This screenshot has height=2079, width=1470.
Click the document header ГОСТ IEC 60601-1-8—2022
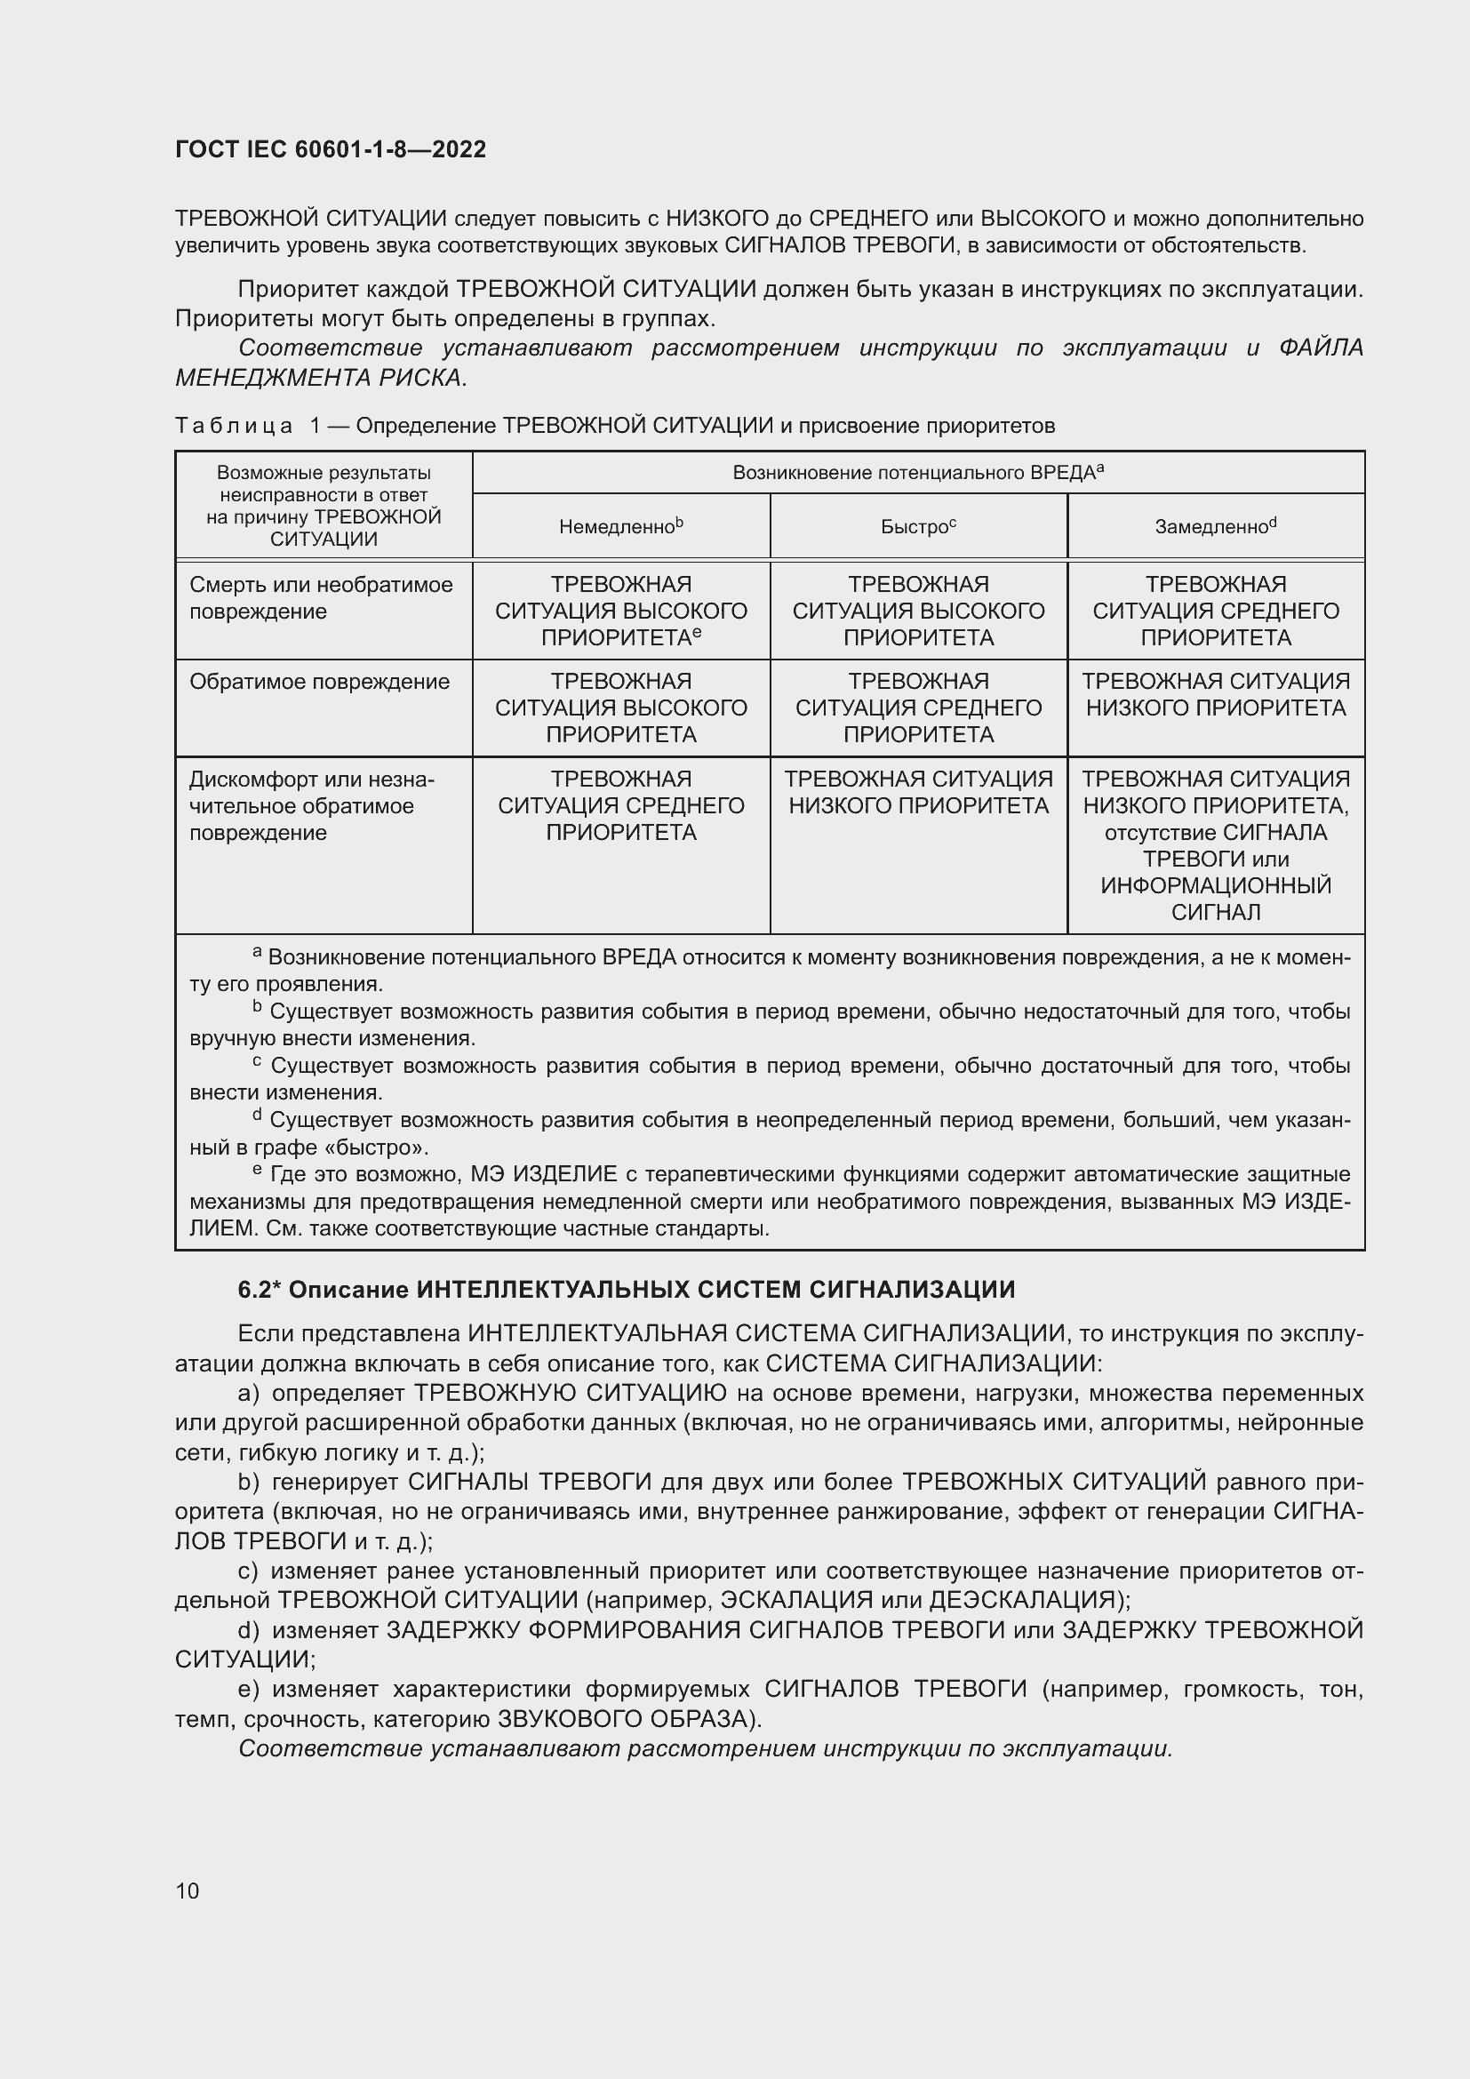[331, 149]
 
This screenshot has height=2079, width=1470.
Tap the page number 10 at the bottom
[188, 1891]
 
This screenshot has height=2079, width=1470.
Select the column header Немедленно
[620, 526]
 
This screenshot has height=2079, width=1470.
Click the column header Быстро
[918, 526]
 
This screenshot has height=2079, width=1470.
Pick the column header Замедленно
[1215, 526]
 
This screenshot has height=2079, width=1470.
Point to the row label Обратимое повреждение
[319, 682]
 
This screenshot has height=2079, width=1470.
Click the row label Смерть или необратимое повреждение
[321, 597]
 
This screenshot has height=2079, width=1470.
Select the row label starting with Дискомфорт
[311, 806]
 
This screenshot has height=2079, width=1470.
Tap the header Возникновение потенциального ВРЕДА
[917, 473]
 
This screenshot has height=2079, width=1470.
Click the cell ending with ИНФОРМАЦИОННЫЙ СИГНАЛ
[1216, 844]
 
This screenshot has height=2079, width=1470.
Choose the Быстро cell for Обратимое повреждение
[918, 708]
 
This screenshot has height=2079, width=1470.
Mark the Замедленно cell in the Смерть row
[1216, 612]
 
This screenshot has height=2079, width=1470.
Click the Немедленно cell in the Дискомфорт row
[621, 806]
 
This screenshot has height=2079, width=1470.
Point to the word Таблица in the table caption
[234, 426]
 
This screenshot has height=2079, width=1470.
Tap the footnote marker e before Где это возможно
[257, 1171]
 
